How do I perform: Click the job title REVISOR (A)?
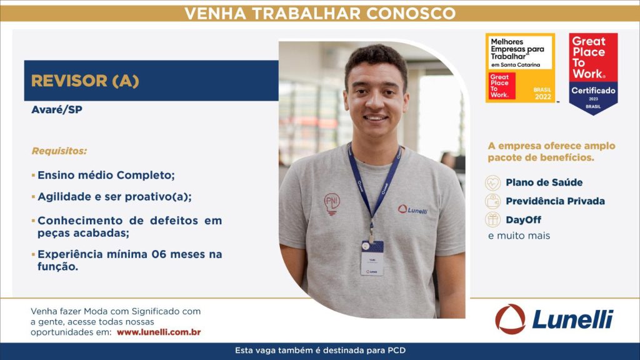click(x=85, y=81)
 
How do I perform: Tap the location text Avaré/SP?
click(x=57, y=110)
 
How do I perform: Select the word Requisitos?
click(x=59, y=151)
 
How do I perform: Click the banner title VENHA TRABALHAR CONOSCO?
click(x=320, y=14)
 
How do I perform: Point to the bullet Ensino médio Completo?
click(x=106, y=175)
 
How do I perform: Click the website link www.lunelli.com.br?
click(x=159, y=332)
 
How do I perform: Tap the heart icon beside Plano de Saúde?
click(x=492, y=183)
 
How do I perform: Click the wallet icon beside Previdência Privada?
click(x=492, y=201)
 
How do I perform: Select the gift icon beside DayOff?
click(x=492, y=219)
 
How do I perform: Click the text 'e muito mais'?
click(x=519, y=236)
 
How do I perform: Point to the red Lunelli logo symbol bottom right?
click(x=510, y=319)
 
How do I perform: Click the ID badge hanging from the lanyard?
click(x=372, y=258)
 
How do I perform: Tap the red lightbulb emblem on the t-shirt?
click(x=332, y=204)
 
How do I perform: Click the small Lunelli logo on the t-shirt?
click(x=412, y=210)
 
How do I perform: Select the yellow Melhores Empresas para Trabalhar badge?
click(x=521, y=67)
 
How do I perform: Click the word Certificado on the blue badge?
click(x=593, y=91)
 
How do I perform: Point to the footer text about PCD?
click(x=320, y=350)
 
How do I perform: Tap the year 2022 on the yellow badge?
click(x=543, y=97)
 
